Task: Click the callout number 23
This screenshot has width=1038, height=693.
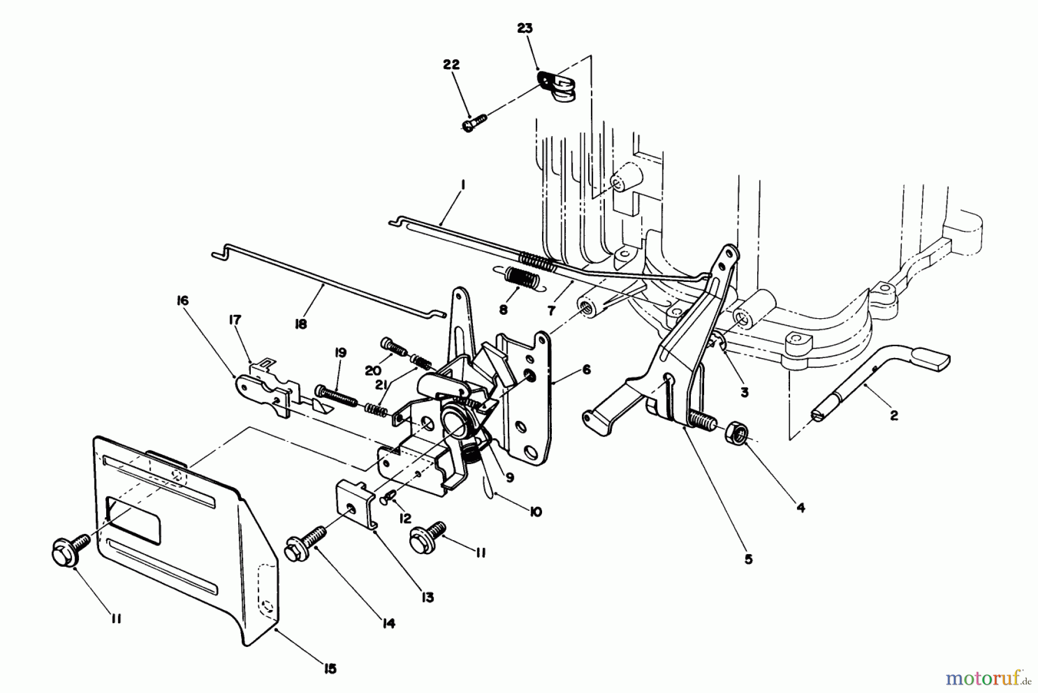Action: [524, 28]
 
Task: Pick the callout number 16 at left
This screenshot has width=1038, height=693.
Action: [183, 301]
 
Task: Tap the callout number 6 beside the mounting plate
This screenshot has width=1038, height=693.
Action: [586, 369]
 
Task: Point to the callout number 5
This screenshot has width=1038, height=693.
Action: [748, 559]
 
